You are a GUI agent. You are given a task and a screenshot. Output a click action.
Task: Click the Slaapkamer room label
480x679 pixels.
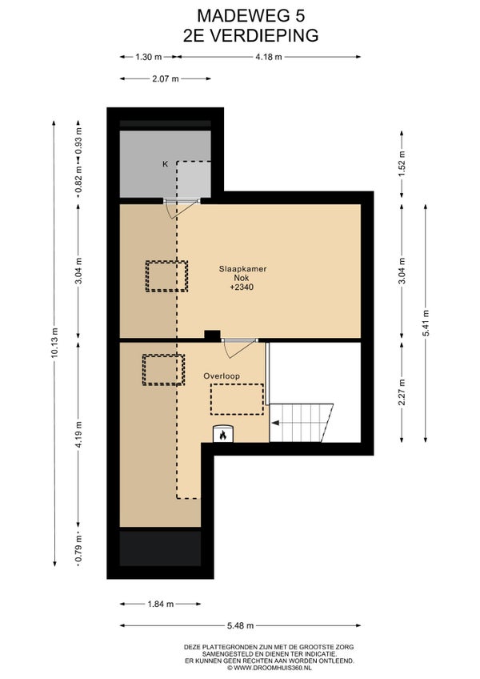point(242,268)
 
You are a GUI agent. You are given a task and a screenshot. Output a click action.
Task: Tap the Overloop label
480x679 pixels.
point(222,376)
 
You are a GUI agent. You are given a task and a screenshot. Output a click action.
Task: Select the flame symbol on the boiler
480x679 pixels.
point(223,435)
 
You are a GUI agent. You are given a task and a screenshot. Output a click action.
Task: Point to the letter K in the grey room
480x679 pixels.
point(165,164)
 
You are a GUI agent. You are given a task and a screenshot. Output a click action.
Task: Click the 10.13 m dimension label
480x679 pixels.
point(54,343)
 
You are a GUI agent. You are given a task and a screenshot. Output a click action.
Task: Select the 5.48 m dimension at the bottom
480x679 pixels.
point(241,625)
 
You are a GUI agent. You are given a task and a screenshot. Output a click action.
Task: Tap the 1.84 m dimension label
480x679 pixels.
point(161,604)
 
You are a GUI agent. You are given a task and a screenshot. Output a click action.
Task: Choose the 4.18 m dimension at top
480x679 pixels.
point(269,57)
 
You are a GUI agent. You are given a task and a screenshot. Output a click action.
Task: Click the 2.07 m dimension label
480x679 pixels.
point(166,78)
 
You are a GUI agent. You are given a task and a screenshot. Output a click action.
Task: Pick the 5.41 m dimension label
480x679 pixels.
point(426,323)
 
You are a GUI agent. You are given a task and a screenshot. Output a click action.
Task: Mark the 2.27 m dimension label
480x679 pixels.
point(402,392)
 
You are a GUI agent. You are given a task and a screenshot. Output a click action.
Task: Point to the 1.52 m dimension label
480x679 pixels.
point(402,163)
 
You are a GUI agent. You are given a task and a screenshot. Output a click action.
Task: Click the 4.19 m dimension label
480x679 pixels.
point(78,434)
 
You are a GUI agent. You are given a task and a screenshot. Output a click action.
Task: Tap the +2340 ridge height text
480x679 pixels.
point(242,287)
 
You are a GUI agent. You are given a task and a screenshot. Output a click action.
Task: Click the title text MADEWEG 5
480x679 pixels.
point(251,16)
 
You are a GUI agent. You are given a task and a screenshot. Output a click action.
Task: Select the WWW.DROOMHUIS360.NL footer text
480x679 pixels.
point(269,668)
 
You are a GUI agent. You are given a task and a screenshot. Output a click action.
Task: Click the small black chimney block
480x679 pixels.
point(212,335)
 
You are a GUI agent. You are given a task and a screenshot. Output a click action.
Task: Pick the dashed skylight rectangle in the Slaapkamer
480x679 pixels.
point(166,276)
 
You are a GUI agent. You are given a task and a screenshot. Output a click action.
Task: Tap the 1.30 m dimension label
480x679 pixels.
point(149,57)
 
